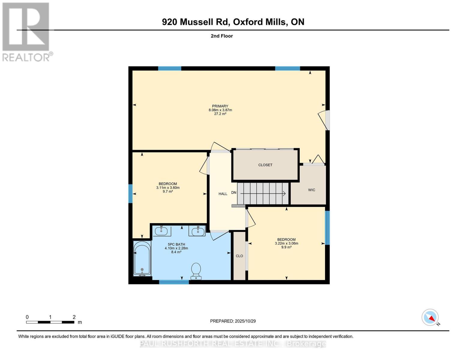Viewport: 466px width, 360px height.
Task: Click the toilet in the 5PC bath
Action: [196, 271]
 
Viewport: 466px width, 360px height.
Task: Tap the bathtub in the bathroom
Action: [142, 258]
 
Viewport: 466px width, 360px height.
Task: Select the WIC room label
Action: [311, 190]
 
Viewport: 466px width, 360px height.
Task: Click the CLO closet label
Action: [239, 256]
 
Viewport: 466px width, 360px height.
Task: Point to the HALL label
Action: [223, 194]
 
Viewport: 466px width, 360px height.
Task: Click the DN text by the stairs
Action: [234, 193]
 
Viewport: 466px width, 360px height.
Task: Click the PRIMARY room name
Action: [220, 106]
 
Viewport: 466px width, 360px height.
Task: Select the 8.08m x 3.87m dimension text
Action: [221, 110]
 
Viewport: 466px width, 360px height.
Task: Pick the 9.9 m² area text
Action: [287, 247]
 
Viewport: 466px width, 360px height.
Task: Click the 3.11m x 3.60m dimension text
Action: [168, 187]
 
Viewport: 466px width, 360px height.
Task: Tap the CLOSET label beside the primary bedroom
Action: [265, 165]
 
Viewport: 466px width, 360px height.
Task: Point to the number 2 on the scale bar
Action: [74, 317]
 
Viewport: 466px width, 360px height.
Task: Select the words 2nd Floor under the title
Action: [222, 36]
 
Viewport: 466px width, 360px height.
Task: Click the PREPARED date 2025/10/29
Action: [245, 321]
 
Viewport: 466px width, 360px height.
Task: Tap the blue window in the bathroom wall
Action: [174, 282]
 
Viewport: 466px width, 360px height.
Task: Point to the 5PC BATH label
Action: [176, 244]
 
